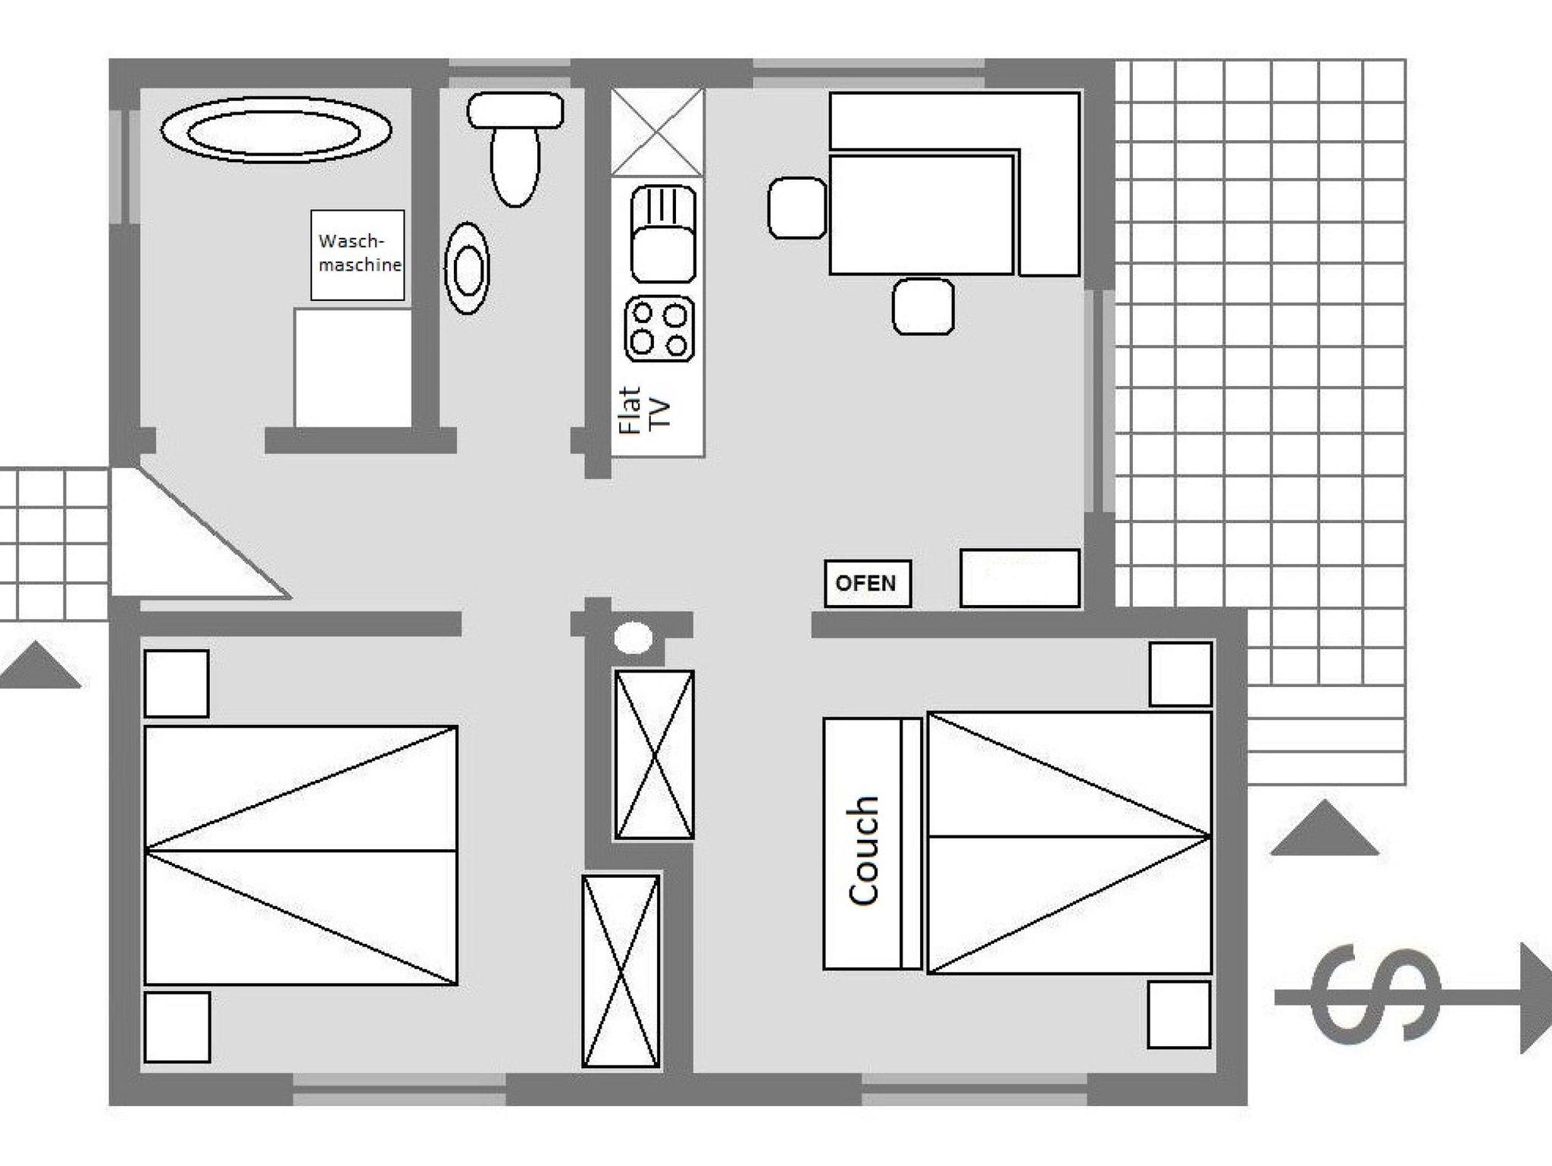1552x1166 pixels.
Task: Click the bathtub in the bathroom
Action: (277, 130)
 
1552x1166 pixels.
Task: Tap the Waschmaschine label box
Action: (358, 255)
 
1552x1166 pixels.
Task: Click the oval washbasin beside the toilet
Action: (467, 268)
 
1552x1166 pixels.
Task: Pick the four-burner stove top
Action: (659, 328)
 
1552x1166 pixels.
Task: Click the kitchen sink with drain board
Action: (663, 234)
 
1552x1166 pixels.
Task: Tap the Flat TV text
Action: (645, 409)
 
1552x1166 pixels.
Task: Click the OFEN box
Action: (868, 583)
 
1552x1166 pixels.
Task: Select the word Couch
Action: (864, 851)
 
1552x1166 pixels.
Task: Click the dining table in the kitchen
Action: (921, 214)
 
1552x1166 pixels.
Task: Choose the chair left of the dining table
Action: (797, 208)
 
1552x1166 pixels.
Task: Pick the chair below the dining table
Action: (923, 306)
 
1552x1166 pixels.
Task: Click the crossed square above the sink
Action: (658, 133)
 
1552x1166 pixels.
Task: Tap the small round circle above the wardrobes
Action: (634, 638)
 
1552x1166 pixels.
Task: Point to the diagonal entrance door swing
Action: (201, 533)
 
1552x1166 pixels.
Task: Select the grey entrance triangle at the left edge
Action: (39, 665)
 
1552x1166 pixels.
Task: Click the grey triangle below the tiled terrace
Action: (1324, 827)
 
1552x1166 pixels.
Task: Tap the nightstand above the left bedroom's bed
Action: (177, 683)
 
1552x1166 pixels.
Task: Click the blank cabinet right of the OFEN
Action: (1019, 578)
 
